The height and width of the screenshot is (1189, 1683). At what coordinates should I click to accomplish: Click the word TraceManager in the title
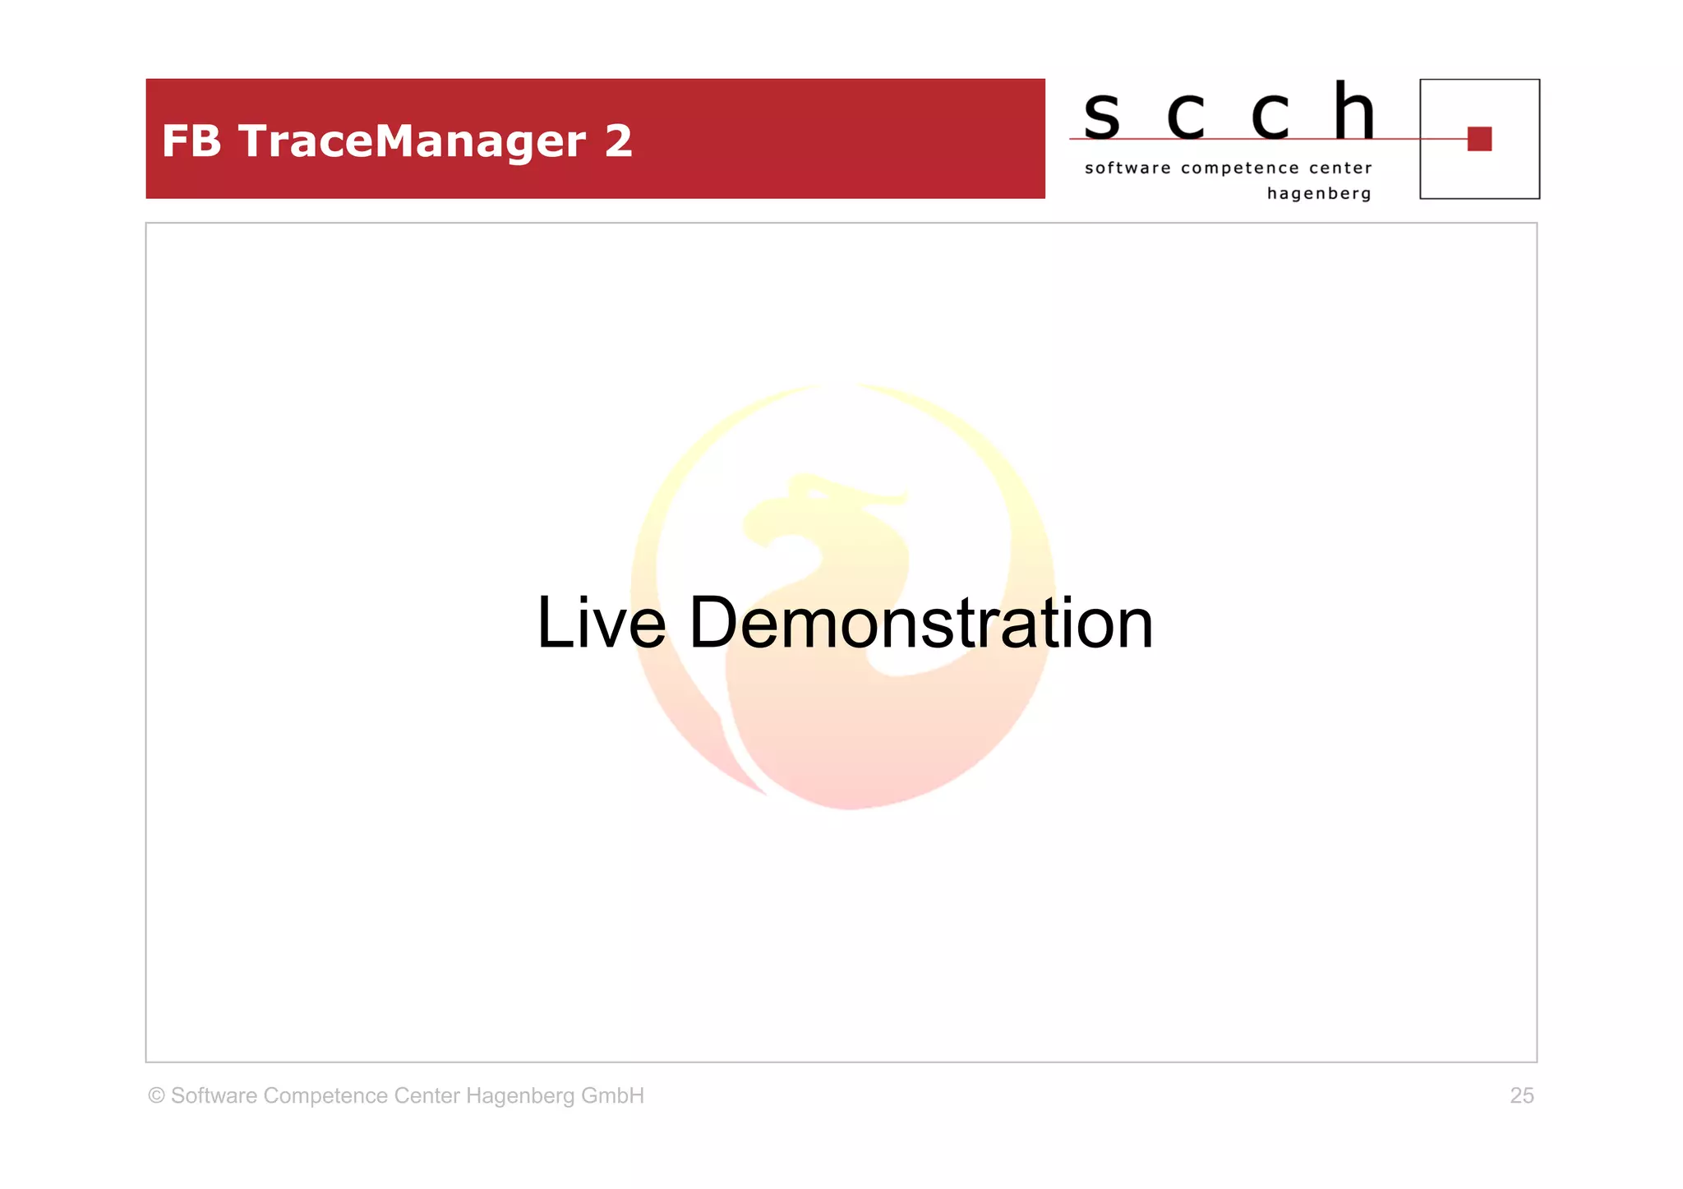click(412, 141)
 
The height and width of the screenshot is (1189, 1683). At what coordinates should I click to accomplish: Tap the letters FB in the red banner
click(191, 141)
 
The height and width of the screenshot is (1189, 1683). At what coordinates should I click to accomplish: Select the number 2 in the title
click(618, 141)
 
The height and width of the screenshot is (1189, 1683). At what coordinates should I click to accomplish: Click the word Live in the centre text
click(601, 623)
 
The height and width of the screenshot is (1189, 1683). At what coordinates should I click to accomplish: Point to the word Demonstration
click(920, 623)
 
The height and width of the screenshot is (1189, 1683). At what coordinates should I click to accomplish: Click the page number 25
click(1522, 1095)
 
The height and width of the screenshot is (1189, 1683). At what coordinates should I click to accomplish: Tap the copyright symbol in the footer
click(156, 1095)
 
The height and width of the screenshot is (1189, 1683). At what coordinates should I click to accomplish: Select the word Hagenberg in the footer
click(519, 1096)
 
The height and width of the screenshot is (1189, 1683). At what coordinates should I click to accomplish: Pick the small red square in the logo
click(1479, 139)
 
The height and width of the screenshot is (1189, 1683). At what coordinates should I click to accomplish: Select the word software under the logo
click(1127, 168)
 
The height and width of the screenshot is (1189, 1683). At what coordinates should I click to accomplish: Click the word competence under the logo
click(1240, 168)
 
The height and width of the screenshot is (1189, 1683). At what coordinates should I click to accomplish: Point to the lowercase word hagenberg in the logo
click(1319, 194)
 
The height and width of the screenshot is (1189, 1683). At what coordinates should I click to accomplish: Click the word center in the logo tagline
click(1340, 168)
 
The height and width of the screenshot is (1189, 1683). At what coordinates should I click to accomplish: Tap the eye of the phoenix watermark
click(817, 494)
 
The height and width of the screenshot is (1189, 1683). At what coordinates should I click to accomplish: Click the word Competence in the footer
click(325, 1096)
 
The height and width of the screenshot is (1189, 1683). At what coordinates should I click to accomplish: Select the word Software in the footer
click(214, 1095)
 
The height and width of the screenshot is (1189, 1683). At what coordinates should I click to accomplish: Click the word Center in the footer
click(427, 1095)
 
